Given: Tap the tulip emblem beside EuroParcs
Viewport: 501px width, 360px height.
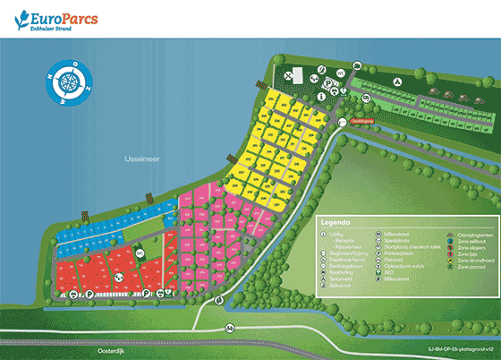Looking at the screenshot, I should coord(20,19).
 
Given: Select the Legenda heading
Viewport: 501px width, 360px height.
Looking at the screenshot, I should coord(335,221).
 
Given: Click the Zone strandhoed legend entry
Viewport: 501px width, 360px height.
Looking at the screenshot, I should coord(469,261).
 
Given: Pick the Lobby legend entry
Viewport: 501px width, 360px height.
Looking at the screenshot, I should coord(338,235).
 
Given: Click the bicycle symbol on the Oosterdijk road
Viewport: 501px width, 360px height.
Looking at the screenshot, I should coord(229,329).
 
